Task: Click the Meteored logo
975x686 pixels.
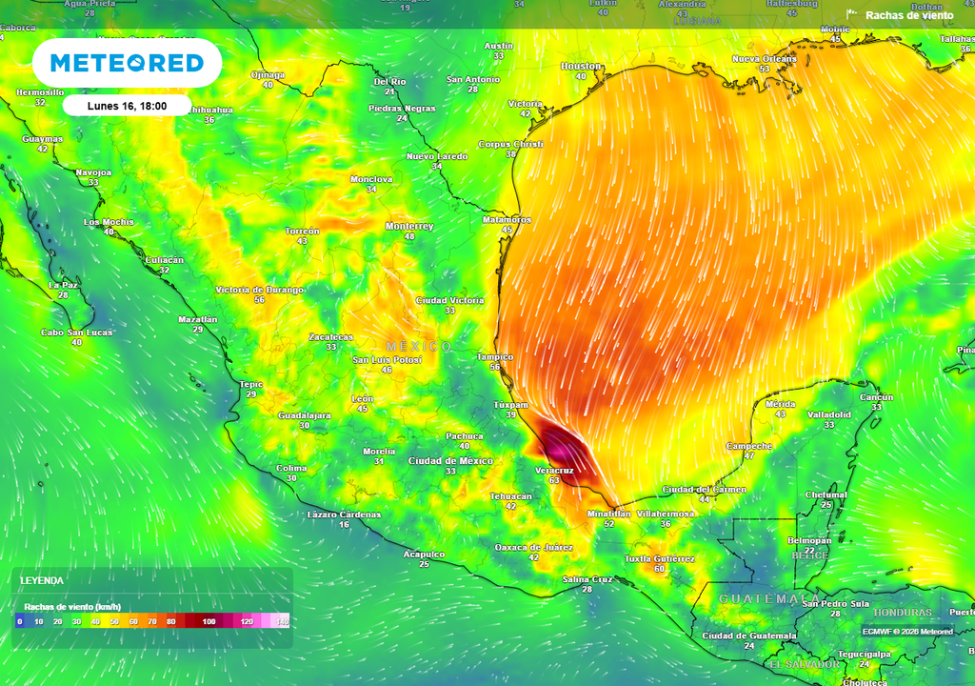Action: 127,64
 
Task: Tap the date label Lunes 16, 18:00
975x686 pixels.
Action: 127,106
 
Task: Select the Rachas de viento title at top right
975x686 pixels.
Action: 908,15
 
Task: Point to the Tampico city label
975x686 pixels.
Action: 495,357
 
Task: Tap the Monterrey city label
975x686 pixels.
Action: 409,227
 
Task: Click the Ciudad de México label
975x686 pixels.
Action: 450,461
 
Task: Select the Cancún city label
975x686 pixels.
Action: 877,397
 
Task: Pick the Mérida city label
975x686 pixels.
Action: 781,404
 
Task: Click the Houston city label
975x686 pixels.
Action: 581,67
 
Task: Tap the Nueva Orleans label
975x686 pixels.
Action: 764,59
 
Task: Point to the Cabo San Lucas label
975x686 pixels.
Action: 76,333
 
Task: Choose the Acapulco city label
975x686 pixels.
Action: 424,554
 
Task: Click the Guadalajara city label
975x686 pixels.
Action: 304,415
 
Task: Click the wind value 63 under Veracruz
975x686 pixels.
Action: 553,481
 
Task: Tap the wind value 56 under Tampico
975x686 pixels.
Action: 495,368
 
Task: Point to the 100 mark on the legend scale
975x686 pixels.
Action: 209,621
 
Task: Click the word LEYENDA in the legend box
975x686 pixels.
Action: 44,580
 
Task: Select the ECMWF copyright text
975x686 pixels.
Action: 907,631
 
